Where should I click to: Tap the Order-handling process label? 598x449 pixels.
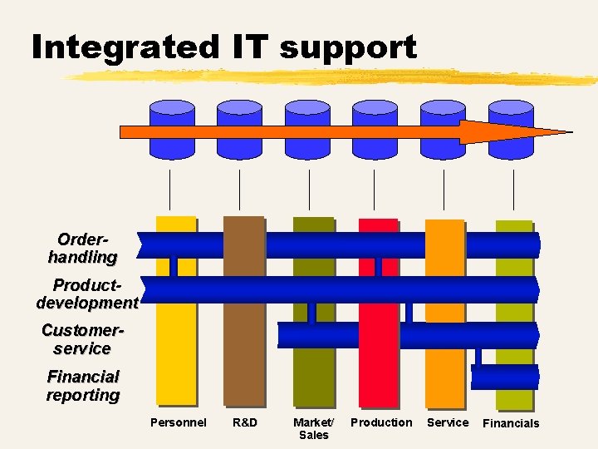[83, 248]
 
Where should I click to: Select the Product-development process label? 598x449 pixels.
[87, 294]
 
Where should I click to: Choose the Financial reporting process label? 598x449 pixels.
[83, 386]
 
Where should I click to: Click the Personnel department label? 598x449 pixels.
[178, 422]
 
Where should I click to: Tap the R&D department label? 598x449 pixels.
[245, 422]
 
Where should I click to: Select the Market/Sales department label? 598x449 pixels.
[313, 428]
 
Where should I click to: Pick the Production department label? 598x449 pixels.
[381, 422]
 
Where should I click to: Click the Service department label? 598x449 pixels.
[448, 422]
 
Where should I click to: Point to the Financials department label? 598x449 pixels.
[511, 423]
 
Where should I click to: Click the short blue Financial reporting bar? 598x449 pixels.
[505, 377]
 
